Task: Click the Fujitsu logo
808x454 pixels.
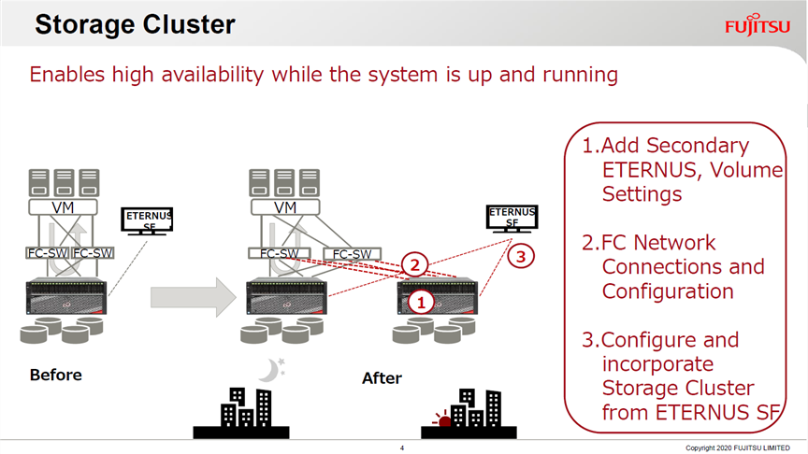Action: point(757,24)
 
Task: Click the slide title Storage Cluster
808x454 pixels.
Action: point(135,24)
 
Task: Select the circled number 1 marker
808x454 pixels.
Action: point(421,302)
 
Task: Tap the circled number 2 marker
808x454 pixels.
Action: point(415,265)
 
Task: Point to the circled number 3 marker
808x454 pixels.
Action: point(521,256)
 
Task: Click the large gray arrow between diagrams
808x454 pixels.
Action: point(194,297)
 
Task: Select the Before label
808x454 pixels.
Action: point(56,375)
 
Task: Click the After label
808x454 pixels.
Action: point(382,377)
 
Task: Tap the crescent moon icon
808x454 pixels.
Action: point(271,370)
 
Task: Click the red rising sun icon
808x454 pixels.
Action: point(442,419)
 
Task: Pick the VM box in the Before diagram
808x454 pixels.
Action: point(63,207)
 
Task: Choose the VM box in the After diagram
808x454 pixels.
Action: point(285,207)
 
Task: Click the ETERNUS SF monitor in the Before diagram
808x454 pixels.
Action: point(147,220)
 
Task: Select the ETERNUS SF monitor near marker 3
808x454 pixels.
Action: point(512,218)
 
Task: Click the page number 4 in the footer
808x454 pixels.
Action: point(402,447)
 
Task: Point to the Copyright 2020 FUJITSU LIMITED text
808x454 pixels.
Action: point(738,447)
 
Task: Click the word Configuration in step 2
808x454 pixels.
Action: point(668,291)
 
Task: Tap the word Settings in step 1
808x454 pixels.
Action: point(642,194)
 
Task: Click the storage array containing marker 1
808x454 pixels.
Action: point(438,296)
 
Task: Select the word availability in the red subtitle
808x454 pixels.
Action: point(212,75)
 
